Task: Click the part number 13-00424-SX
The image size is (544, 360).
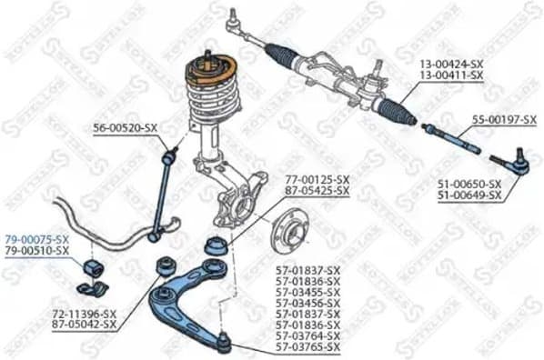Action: [451, 65]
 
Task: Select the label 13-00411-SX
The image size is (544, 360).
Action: [451, 75]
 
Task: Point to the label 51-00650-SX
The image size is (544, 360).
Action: [469, 184]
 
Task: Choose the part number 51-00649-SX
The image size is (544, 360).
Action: [469, 195]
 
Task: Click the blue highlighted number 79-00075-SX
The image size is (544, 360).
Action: [35, 238]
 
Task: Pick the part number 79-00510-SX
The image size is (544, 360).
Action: [35, 249]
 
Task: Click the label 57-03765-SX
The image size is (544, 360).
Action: [308, 347]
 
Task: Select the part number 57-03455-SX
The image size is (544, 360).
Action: [308, 292]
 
